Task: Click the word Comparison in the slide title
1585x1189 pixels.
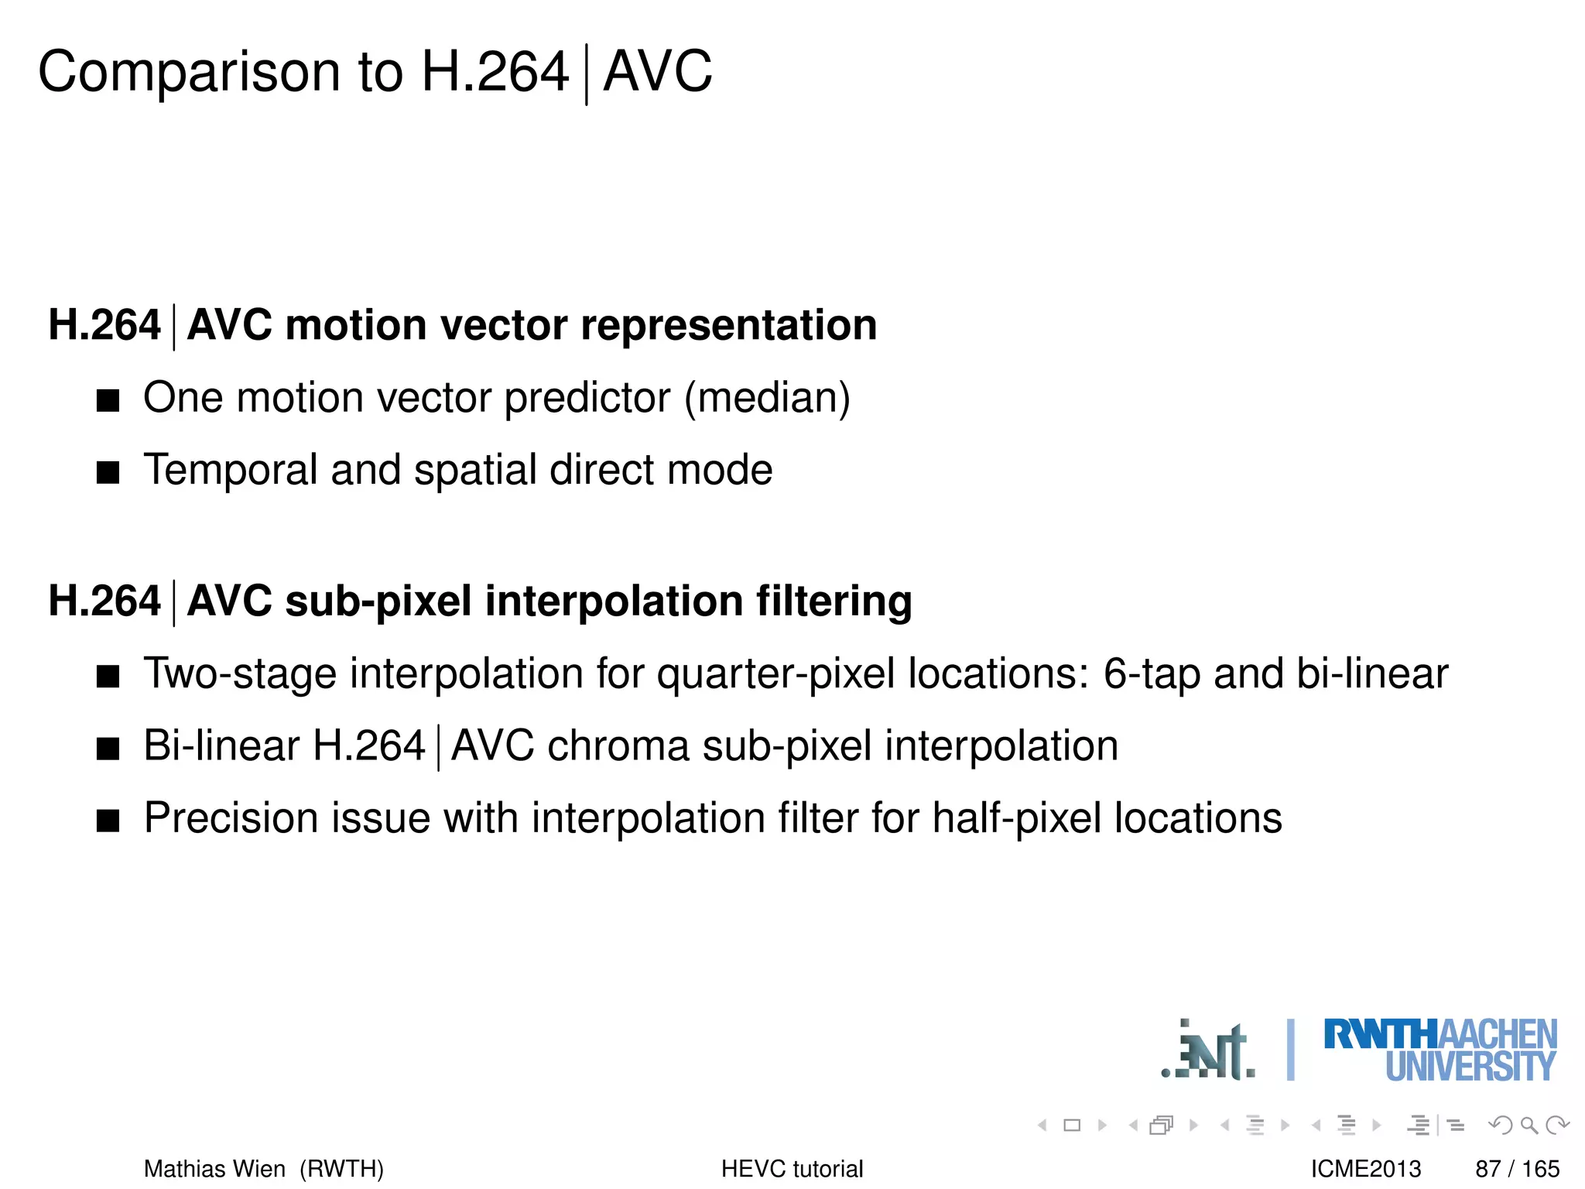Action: (x=189, y=72)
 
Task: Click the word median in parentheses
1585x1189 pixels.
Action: (x=767, y=398)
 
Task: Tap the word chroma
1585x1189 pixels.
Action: (x=618, y=746)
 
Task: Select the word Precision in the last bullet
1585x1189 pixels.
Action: (x=231, y=818)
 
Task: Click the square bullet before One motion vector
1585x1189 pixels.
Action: (x=108, y=400)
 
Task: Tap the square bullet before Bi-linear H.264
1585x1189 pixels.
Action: (x=108, y=749)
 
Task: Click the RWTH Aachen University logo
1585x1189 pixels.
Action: (x=1440, y=1050)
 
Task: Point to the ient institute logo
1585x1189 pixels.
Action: (x=1209, y=1051)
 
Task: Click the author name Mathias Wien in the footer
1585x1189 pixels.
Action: (x=214, y=1168)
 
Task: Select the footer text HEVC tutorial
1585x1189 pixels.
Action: (x=792, y=1168)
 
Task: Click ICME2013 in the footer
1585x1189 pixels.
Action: (x=1365, y=1168)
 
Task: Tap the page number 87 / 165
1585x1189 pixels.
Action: (x=1517, y=1168)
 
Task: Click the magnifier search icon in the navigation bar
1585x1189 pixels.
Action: (x=1529, y=1125)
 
